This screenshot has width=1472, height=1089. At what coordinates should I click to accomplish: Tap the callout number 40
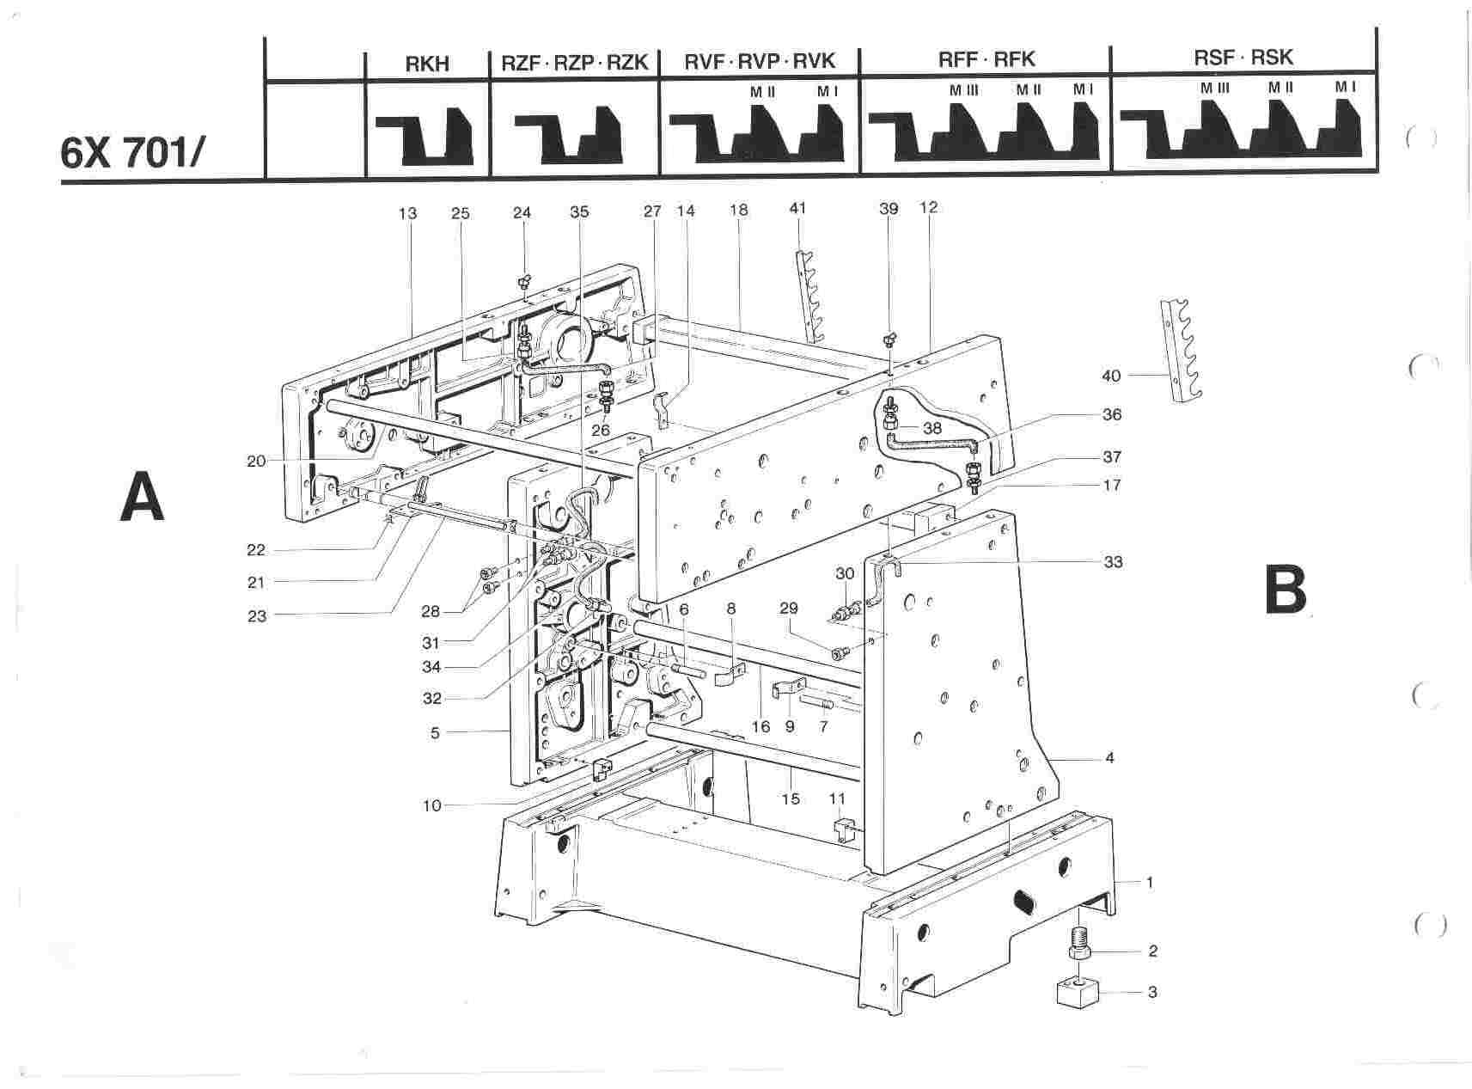(x=1111, y=375)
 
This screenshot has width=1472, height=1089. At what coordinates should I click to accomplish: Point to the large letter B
(x=1286, y=590)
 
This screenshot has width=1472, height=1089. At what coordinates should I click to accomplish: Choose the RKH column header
(x=427, y=64)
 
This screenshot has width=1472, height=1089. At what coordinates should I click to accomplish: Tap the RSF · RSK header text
(x=1243, y=58)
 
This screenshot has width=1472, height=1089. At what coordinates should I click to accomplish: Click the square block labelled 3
(x=1080, y=994)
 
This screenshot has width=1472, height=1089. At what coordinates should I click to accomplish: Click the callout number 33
(x=1114, y=562)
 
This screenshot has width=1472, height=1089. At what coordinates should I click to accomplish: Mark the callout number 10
(x=431, y=805)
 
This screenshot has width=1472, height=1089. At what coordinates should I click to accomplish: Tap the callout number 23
(x=257, y=615)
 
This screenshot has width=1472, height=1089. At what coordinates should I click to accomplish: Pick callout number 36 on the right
(x=1112, y=414)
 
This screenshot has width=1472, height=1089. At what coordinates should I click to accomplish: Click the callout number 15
(x=791, y=798)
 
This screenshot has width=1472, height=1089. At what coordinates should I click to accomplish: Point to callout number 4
(x=1110, y=758)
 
